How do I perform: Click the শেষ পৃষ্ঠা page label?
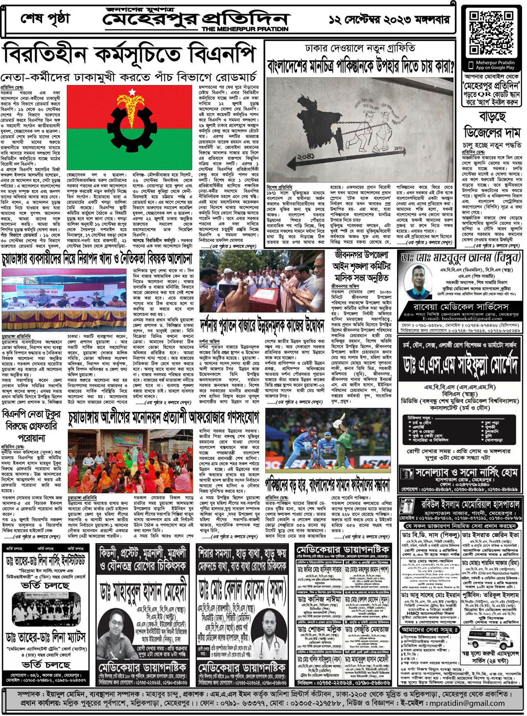click(46, 20)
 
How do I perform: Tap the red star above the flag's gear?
click(132, 92)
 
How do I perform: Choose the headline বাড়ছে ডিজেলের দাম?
click(492, 124)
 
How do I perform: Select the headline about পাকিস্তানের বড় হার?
click(327, 485)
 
